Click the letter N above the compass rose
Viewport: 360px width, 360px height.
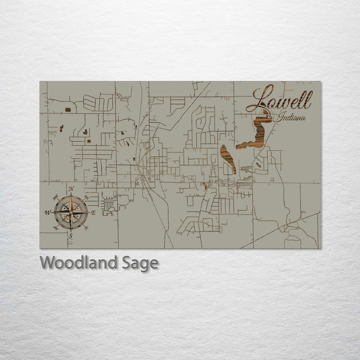coord(71,189)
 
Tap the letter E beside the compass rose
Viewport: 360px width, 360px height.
coord(93,212)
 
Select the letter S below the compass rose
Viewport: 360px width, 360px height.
coord(70,235)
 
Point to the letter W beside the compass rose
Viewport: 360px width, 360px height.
coord(47,212)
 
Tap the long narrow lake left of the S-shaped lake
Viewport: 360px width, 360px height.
coord(228,158)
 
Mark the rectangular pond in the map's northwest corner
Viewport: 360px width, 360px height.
coord(68,109)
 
